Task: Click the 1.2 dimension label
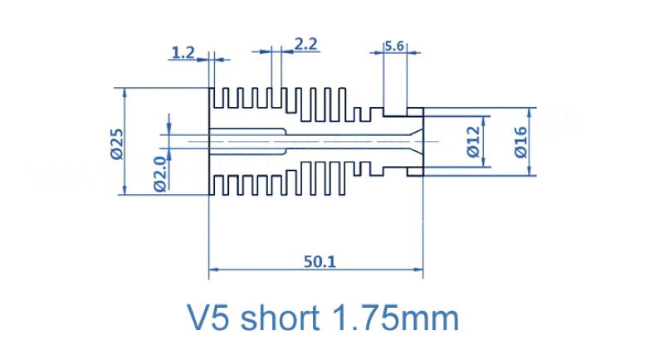(x=182, y=53)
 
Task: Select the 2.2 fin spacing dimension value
(x=306, y=44)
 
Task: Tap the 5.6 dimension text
(x=393, y=47)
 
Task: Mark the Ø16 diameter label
(x=520, y=141)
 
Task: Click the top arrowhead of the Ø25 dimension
(x=123, y=92)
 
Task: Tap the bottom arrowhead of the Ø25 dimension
(x=123, y=192)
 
